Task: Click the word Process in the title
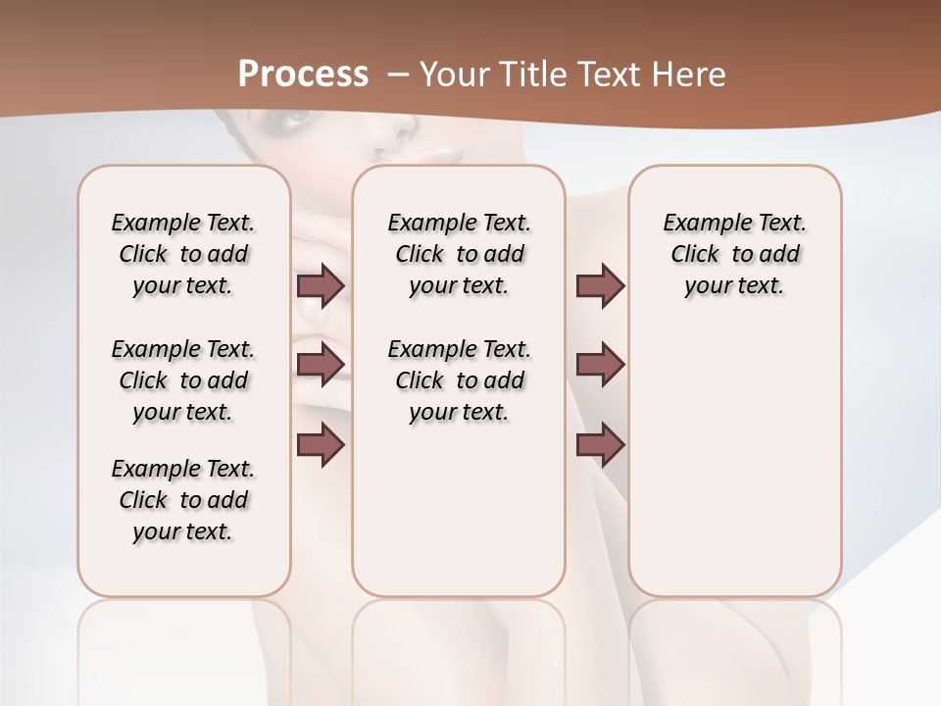(303, 75)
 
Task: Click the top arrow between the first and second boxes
(321, 286)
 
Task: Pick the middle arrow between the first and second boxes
(321, 366)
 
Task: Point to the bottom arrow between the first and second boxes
(321, 445)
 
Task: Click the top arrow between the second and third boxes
(600, 286)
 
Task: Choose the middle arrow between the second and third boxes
(600, 366)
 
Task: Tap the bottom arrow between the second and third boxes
(600, 445)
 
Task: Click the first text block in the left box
(183, 254)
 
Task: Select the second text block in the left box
(183, 380)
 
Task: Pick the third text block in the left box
(183, 500)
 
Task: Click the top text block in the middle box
(459, 254)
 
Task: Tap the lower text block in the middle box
(459, 380)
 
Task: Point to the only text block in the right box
(734, 254)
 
